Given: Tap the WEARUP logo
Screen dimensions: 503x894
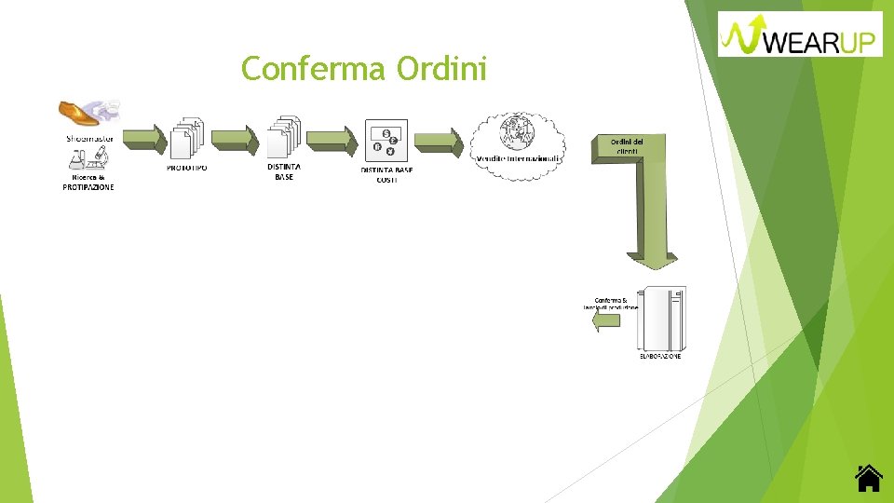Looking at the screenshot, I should (x=801, y=34).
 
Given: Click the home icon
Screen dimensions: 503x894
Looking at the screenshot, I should (x=868, y=478).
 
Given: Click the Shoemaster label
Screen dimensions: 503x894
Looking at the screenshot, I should (x=89, y=138).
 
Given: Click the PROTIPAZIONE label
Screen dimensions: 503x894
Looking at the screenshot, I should (x=88, y=187).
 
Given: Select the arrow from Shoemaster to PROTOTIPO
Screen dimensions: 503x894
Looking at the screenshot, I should (x=144, y=139).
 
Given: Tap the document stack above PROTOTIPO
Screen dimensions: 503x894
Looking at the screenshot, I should (x=186, y=137).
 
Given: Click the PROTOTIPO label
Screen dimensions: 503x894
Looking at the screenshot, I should (x=187, y=168).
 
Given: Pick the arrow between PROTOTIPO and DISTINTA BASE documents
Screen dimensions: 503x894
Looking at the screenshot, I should (x=234, y=139).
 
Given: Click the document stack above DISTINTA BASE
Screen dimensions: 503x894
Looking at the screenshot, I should (x=284, y=137).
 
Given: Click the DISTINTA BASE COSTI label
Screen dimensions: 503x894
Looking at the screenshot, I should (x=386, y=174).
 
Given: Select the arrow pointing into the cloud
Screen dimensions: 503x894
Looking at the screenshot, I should (x=438, y=142).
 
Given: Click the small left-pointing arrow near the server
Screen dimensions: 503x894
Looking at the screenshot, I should (x=606, y=321).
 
